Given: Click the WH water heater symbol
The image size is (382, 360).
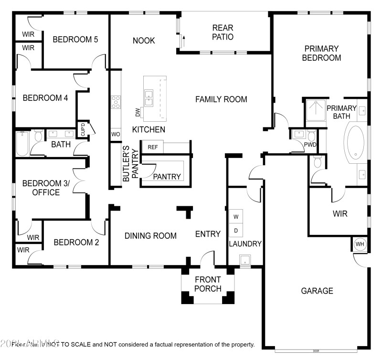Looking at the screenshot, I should (x=360, y=244).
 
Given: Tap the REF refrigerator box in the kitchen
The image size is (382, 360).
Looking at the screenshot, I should (x=153, y=147).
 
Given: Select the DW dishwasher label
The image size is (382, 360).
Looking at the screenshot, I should (x=138, y=113).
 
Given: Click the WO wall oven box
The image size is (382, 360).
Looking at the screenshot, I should (x=116, y=134).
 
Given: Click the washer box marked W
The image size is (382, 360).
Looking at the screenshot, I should (x=235, y=217).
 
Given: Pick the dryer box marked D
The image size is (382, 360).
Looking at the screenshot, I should (x=235, y=231).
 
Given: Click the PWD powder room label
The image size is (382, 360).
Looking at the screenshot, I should (x=310, y=145).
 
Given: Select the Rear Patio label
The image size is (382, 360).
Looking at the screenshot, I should (x=223, y=32).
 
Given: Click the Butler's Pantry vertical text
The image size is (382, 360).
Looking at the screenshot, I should (x=130, y=164).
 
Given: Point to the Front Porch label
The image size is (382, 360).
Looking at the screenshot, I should (x=208, y=284).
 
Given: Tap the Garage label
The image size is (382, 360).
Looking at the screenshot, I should (x=317, y=291).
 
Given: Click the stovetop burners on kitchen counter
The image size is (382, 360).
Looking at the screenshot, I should (x=116, y=102).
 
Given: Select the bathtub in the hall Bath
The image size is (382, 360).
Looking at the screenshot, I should (x=22, y=144).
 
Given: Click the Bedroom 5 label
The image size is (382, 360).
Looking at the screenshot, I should (x=75, y=40).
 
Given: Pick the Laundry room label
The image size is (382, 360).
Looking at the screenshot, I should (x=245, y=244).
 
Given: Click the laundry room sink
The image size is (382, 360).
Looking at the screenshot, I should (x=244, y=261).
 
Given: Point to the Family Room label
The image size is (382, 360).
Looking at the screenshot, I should (x=221, y=99).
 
